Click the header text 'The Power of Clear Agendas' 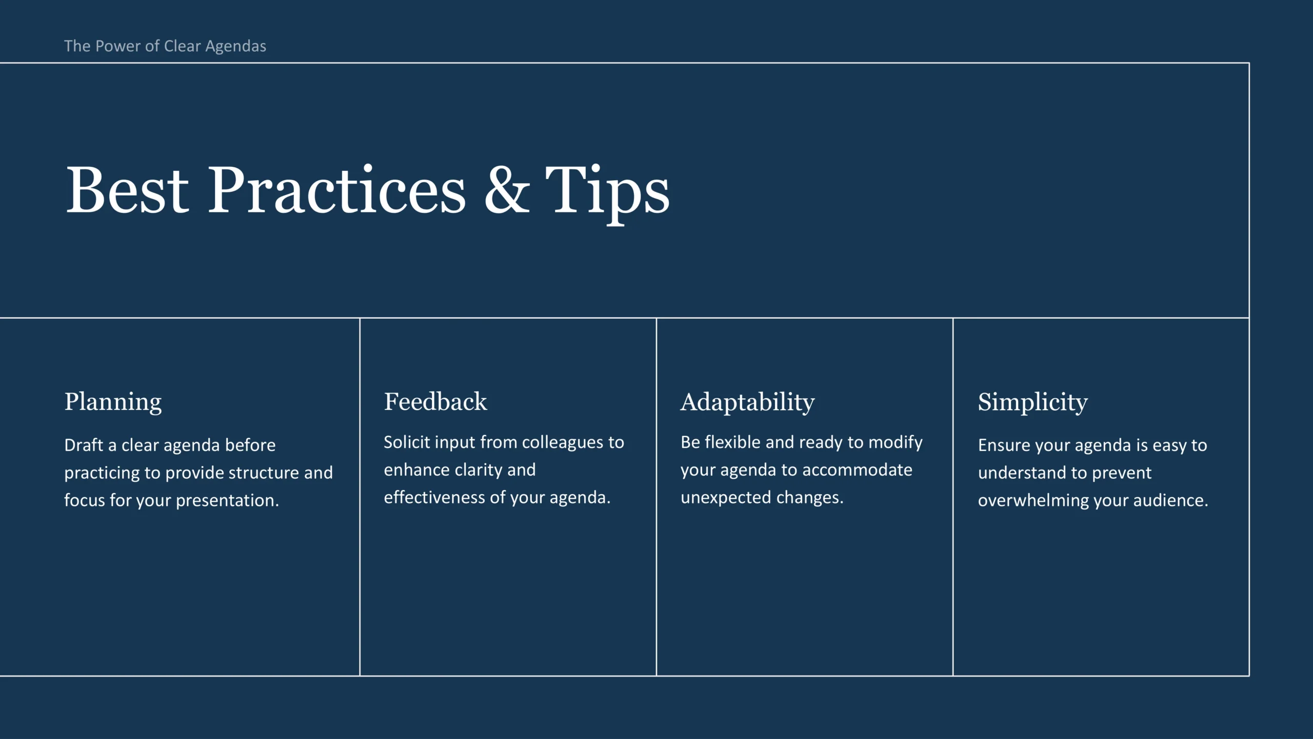coord(165,46)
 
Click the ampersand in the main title coord(507,189)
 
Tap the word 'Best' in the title coord(128,189)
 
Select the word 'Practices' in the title coord(336,189)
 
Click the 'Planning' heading coord(113,402)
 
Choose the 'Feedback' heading coord(435,401)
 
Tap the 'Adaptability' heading coord(747,402)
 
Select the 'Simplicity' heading coord(1032,402)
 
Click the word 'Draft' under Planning coord(84,445)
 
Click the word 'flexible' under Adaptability coord(733,442)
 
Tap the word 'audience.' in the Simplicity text coord(1170,500)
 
